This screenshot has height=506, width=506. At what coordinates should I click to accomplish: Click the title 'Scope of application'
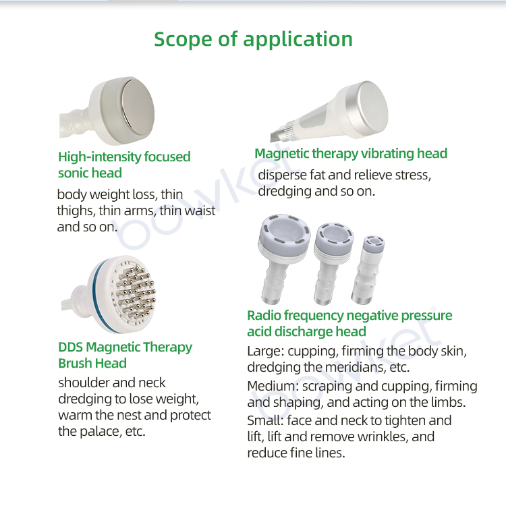coord(253,38)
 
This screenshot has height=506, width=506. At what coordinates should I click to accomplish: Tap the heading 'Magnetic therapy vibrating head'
coord(351,153)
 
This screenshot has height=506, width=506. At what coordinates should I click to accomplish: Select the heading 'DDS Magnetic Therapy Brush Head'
coord(125,355)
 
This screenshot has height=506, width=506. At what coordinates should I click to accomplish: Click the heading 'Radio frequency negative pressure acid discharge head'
coord(349,323)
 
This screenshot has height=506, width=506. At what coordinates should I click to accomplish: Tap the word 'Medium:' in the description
coord(273,387)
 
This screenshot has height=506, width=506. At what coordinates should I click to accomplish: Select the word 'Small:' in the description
coord(264,420)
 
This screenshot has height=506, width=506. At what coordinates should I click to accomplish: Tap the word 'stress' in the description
coord(410,175)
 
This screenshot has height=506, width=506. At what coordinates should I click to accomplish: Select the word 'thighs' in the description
coord(76,210)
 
